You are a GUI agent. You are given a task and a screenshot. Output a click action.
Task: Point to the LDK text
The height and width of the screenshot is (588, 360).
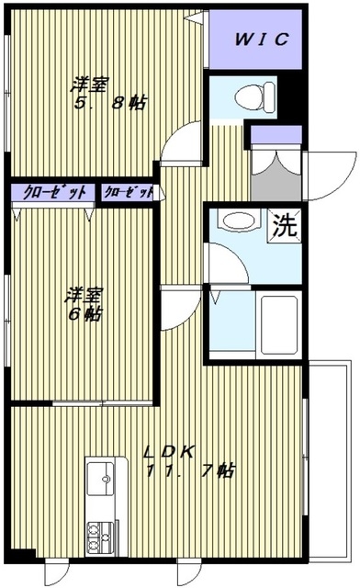point(170,452)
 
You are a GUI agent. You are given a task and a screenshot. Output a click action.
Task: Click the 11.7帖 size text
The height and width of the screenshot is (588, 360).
point(191,472)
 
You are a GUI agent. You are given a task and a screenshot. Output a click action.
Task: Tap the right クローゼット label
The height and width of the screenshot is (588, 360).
point(128,192)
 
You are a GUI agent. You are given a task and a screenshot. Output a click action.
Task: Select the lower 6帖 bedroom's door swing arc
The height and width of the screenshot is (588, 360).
point(178,303)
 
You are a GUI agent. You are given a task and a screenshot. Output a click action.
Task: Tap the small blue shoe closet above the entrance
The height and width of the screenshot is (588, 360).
point(276,136)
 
